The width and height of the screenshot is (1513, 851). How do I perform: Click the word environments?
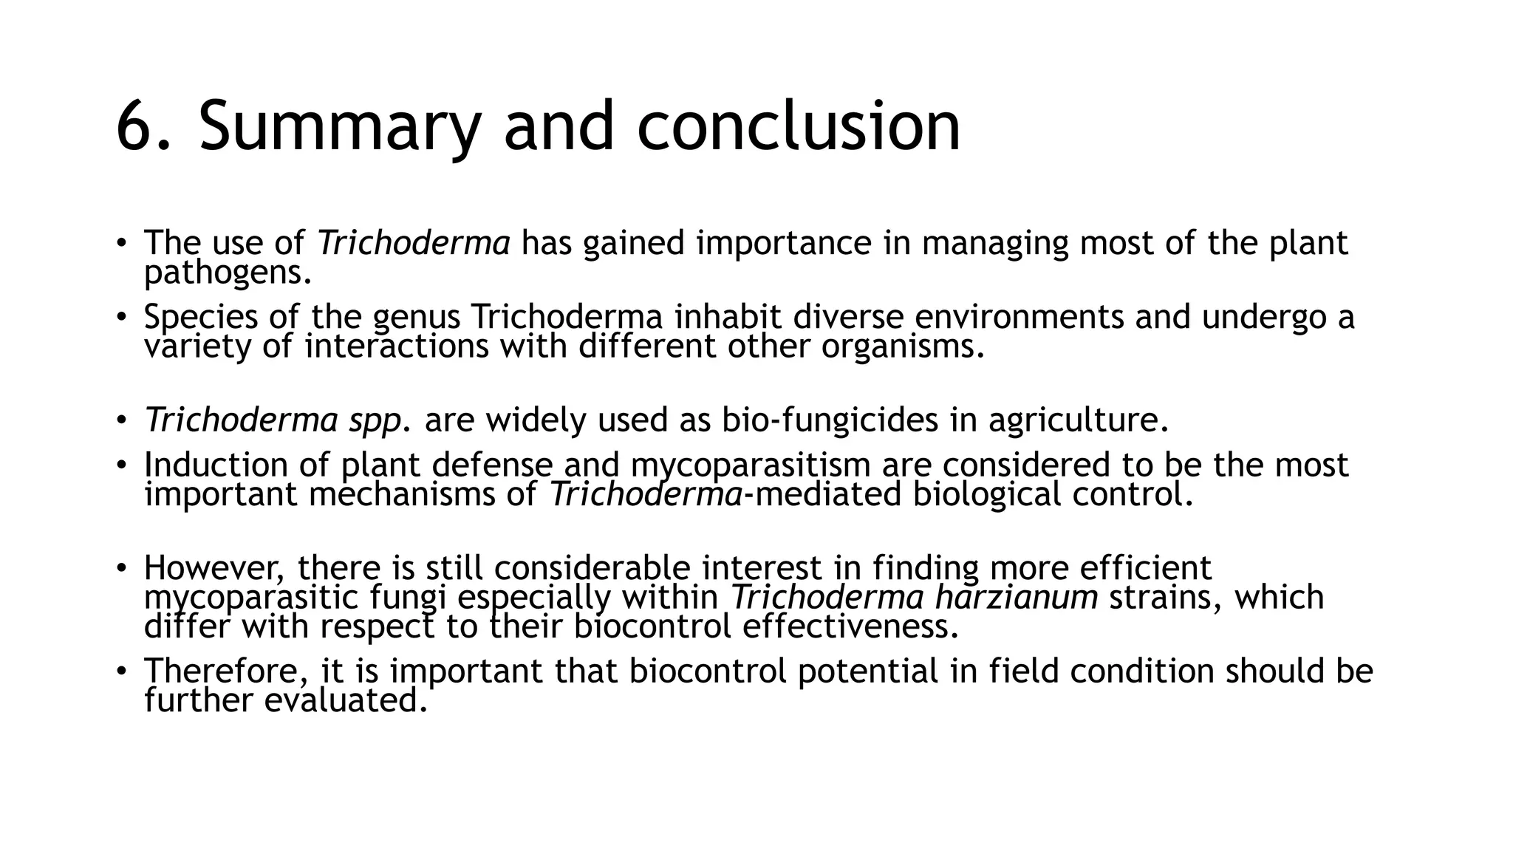click(x=1019, y=318)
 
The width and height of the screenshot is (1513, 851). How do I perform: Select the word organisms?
click(x=903, y=346)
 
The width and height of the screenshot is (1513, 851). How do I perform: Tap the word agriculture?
click(x=1078, y=421)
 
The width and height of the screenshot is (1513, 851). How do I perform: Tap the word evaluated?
click(x=346, y=700)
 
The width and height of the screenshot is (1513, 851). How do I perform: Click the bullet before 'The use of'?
click(x=120, y=243)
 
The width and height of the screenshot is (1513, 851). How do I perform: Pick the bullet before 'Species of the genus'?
click(x=120, y=318)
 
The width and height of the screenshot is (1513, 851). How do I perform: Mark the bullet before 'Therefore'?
click(x=120, y=671)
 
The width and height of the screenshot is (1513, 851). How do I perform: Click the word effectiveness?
click(x=850, y=626)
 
